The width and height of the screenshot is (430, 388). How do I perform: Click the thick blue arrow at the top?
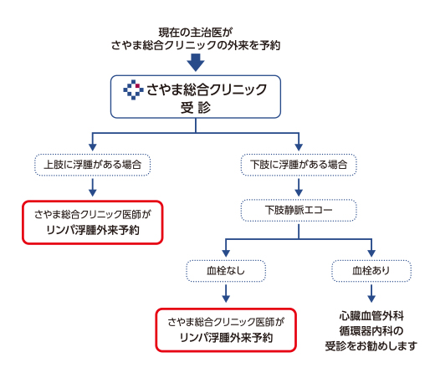(x=196, y=63)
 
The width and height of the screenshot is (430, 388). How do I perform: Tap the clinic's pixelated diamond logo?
(x=133, y=89)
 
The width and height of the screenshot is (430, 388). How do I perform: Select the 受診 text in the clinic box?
(x=196, y=108)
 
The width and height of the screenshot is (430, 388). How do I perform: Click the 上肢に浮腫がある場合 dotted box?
(x=93, y=165)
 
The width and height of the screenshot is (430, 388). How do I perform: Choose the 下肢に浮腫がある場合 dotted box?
(x=299, y=165)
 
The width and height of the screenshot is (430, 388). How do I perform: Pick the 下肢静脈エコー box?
(x=299, y=210)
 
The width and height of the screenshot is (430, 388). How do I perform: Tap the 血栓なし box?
(x=226, y=271)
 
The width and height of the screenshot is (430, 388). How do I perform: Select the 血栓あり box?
(x=371, y=271)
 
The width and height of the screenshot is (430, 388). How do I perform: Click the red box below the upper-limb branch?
(x=93, y=222)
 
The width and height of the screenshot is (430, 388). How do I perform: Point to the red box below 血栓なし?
(x=226, y=330)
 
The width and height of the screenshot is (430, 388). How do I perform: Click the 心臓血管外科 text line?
(x=371, y=316)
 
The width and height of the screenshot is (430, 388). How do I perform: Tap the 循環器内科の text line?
(x=371, y=331)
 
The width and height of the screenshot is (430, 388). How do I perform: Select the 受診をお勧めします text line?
(x=371, y=346)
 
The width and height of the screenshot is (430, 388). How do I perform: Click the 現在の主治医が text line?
(x=196, y=33)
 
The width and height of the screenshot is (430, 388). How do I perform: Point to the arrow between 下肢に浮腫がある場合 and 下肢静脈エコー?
(x=299, y=187)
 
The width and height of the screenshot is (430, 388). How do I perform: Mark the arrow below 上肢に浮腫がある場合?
(x=93, y=187)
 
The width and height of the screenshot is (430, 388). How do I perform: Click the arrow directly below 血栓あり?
(x=371, y=294)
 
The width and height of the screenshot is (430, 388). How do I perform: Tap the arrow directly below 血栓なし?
(x=226, y=294)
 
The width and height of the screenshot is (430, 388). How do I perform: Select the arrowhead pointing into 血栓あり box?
(x=371, y=253)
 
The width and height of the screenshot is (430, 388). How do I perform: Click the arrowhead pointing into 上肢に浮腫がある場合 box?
(x=93, y=147)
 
